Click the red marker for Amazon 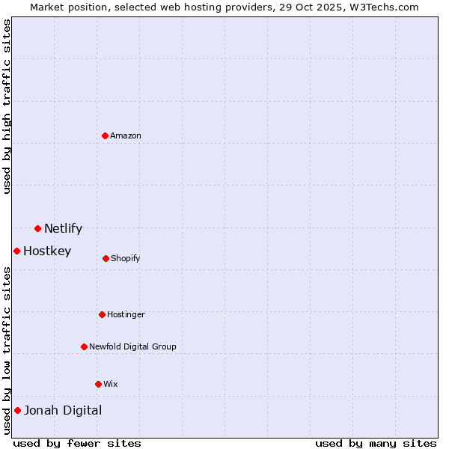click(106, 135)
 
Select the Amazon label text click(126, 136)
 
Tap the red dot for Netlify click(37, 228)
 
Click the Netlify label click(63, 229)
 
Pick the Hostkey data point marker click(16, 251)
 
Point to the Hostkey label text click(47, 251)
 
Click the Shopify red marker click(106, 258)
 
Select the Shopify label click(126, 259)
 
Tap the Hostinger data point click(102, 314)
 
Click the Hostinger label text click(126, 315)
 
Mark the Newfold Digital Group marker click(84, 346)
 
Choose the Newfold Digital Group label click(132, 347)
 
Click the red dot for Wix click(98, 384)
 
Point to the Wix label click(111, 385)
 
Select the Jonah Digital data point click(17, 410)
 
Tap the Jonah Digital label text click(63, 410)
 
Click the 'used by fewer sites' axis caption click(77, 443)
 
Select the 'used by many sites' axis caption click(376, 443)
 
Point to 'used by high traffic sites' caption click(7, 106)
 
